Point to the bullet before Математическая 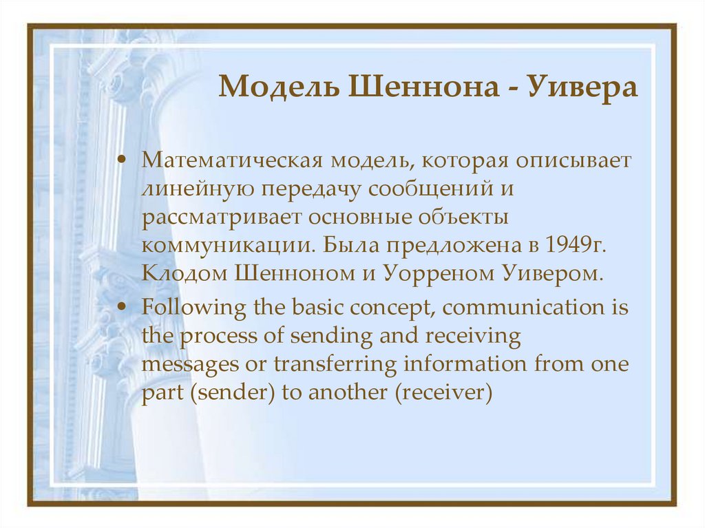(122, 160)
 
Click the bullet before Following (122, 306)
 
